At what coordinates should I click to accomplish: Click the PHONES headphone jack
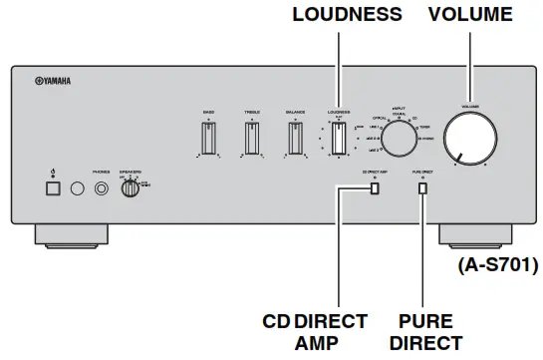pyautogui.click(x=100, y=187)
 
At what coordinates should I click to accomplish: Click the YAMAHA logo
pyautogui.click(x=44, y=82)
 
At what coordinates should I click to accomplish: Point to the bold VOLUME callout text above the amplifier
pyautogui.click(x=469, y=15)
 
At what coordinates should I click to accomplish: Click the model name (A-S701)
pyautogui.click(x=496, y=266)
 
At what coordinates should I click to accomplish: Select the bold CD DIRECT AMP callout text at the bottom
pyautogui.click(x=316, y=331)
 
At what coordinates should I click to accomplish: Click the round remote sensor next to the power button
pyautogui.click(x=75, y=187)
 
